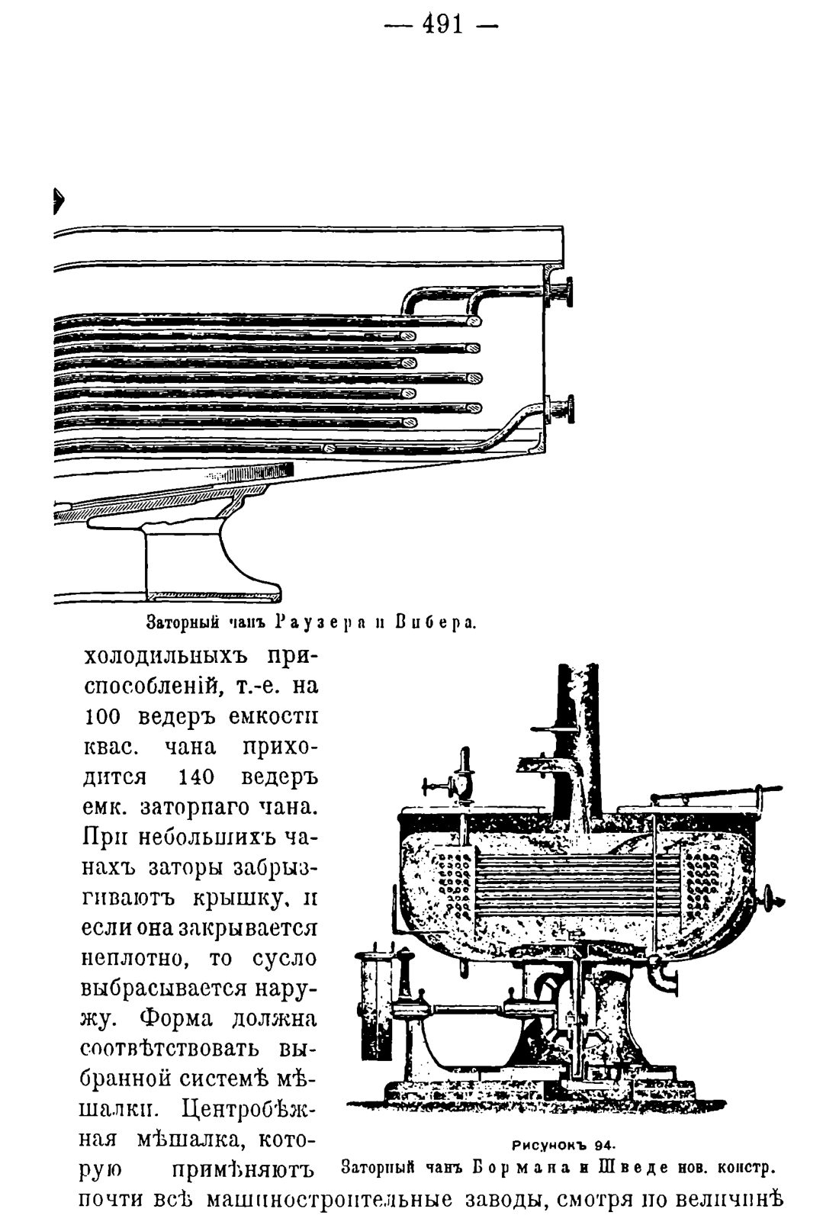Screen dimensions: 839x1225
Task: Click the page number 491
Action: click(442, 24)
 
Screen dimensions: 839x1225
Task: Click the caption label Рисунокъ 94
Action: click(564, 1144)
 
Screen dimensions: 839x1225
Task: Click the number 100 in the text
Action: click(101, 716)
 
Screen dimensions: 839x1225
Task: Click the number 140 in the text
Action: click(196, 777)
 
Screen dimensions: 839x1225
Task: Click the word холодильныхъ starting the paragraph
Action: click(172, 657)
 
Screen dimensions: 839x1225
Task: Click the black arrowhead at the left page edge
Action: click(58, 201)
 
